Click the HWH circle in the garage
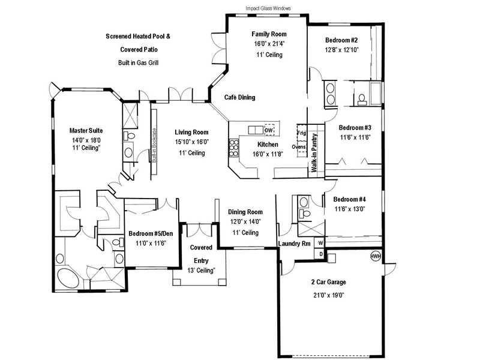point(376,257)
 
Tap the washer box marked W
point(320,243)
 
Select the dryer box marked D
point(320,254)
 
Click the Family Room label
point(269,34)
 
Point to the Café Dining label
point(239,97)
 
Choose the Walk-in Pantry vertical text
point(314,152)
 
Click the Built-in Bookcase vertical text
point(154,145)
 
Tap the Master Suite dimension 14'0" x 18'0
point(86,140)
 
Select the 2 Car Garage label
point(328,282)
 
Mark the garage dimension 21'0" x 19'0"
point(328,295)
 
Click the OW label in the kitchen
point(268,130)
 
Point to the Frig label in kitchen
point(301,133)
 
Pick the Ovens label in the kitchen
point(298,147)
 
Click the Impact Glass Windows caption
point(268,8)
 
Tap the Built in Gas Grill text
point(139,63)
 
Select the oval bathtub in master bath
point(68,278)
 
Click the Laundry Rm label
point(294,244)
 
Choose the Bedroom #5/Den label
point(151,233)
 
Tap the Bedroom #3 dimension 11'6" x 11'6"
point(355,137)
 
